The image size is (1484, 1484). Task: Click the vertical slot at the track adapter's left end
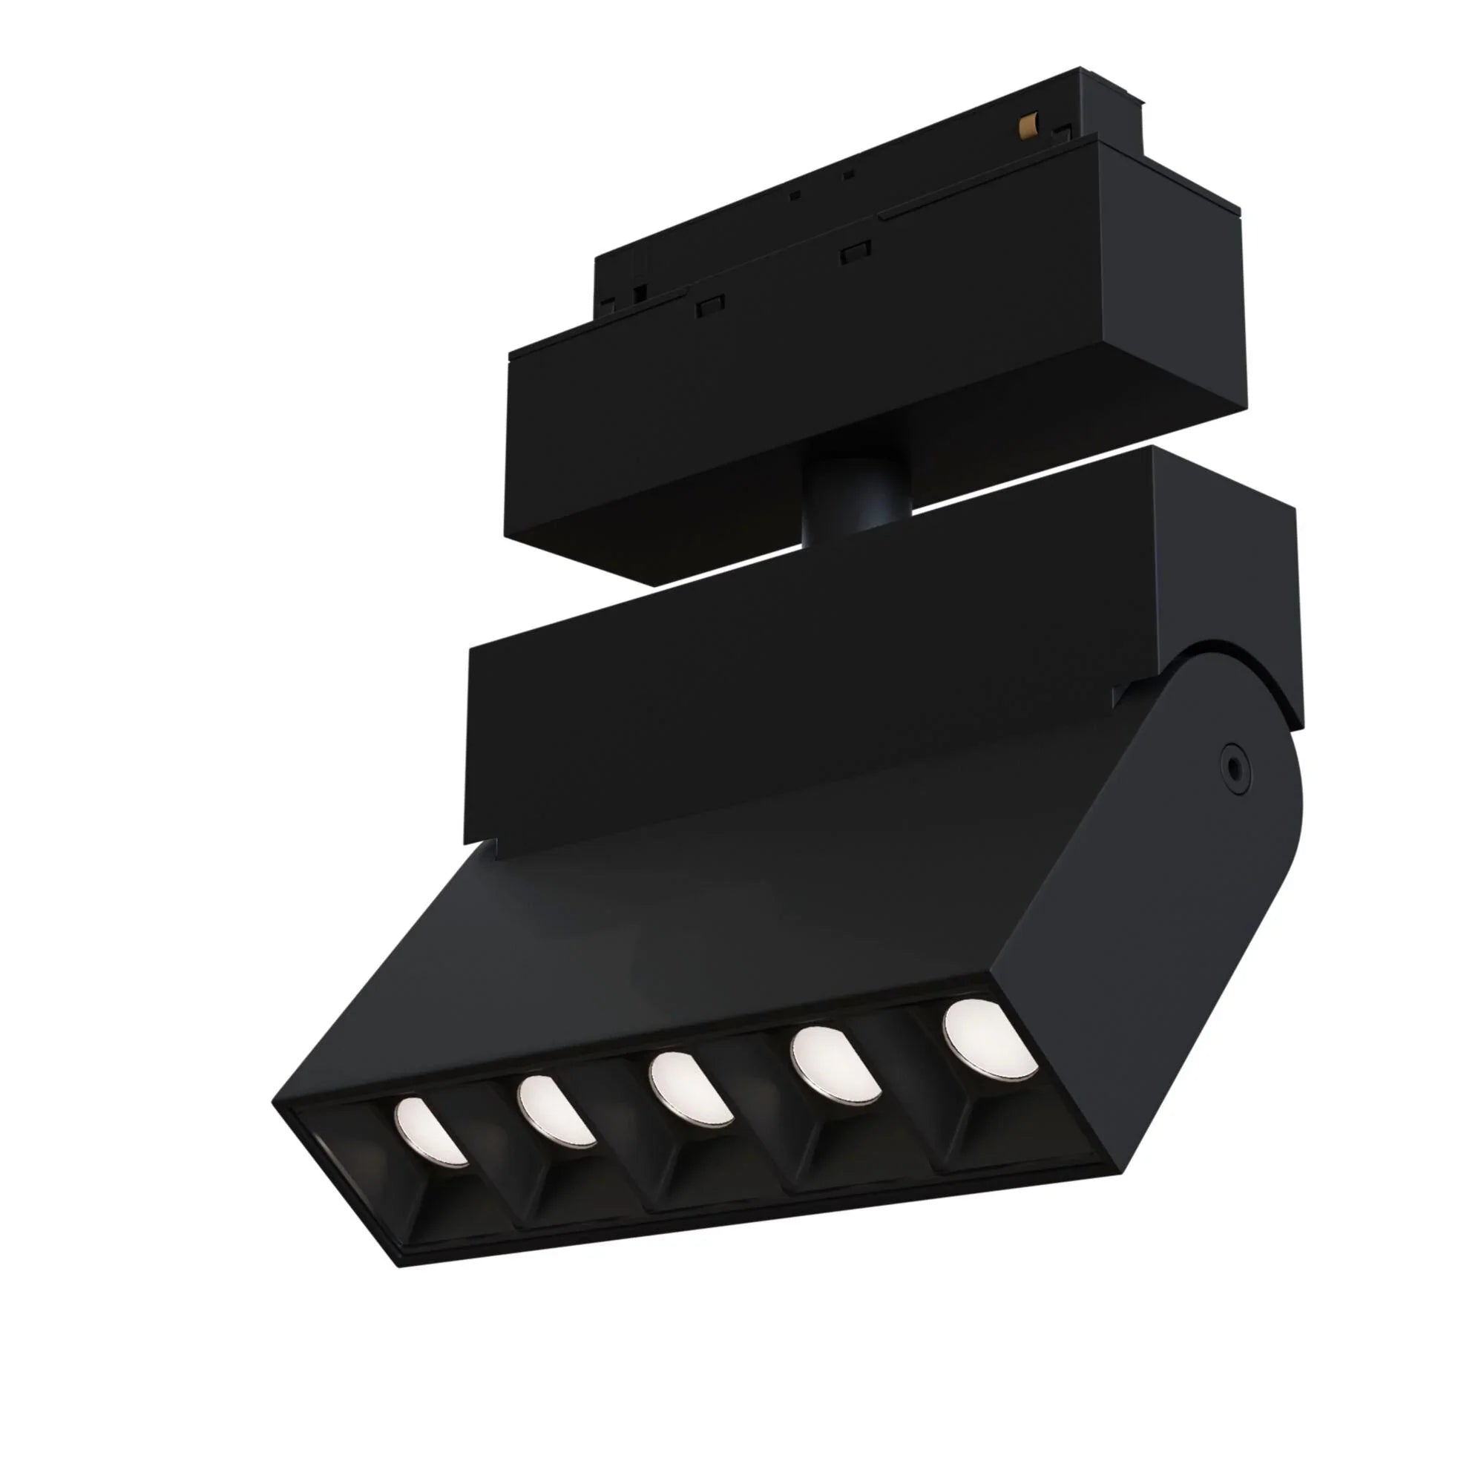[x=637, y=295]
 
